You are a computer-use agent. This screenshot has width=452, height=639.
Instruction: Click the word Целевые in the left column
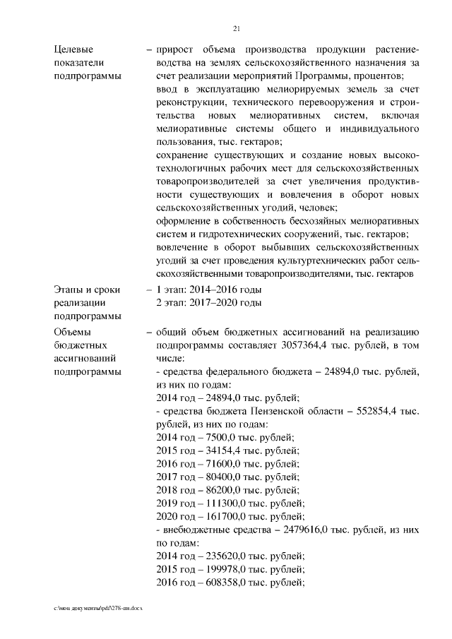pyautogui.click(x=73, y=49)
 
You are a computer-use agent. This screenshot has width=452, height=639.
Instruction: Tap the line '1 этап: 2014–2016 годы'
pyautogui.click(x=209, y=290)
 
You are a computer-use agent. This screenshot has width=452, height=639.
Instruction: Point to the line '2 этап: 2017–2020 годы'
pyautogui.click(x=209, y=303)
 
